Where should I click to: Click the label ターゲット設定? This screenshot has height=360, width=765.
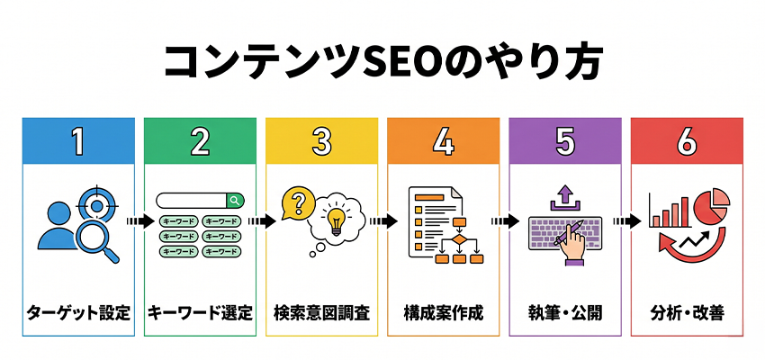[78, 314]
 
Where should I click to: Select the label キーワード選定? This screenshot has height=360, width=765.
[200, 314]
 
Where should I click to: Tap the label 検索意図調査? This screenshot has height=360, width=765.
[320, 314]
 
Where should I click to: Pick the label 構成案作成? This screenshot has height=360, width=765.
[443, 314]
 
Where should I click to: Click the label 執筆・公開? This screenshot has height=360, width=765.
[564, 314]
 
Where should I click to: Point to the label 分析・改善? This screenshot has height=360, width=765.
[686, 314]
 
